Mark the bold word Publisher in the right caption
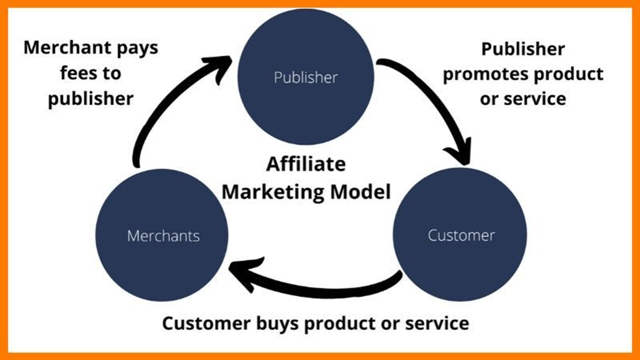coord(523,50)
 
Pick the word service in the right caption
coord(534,99)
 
